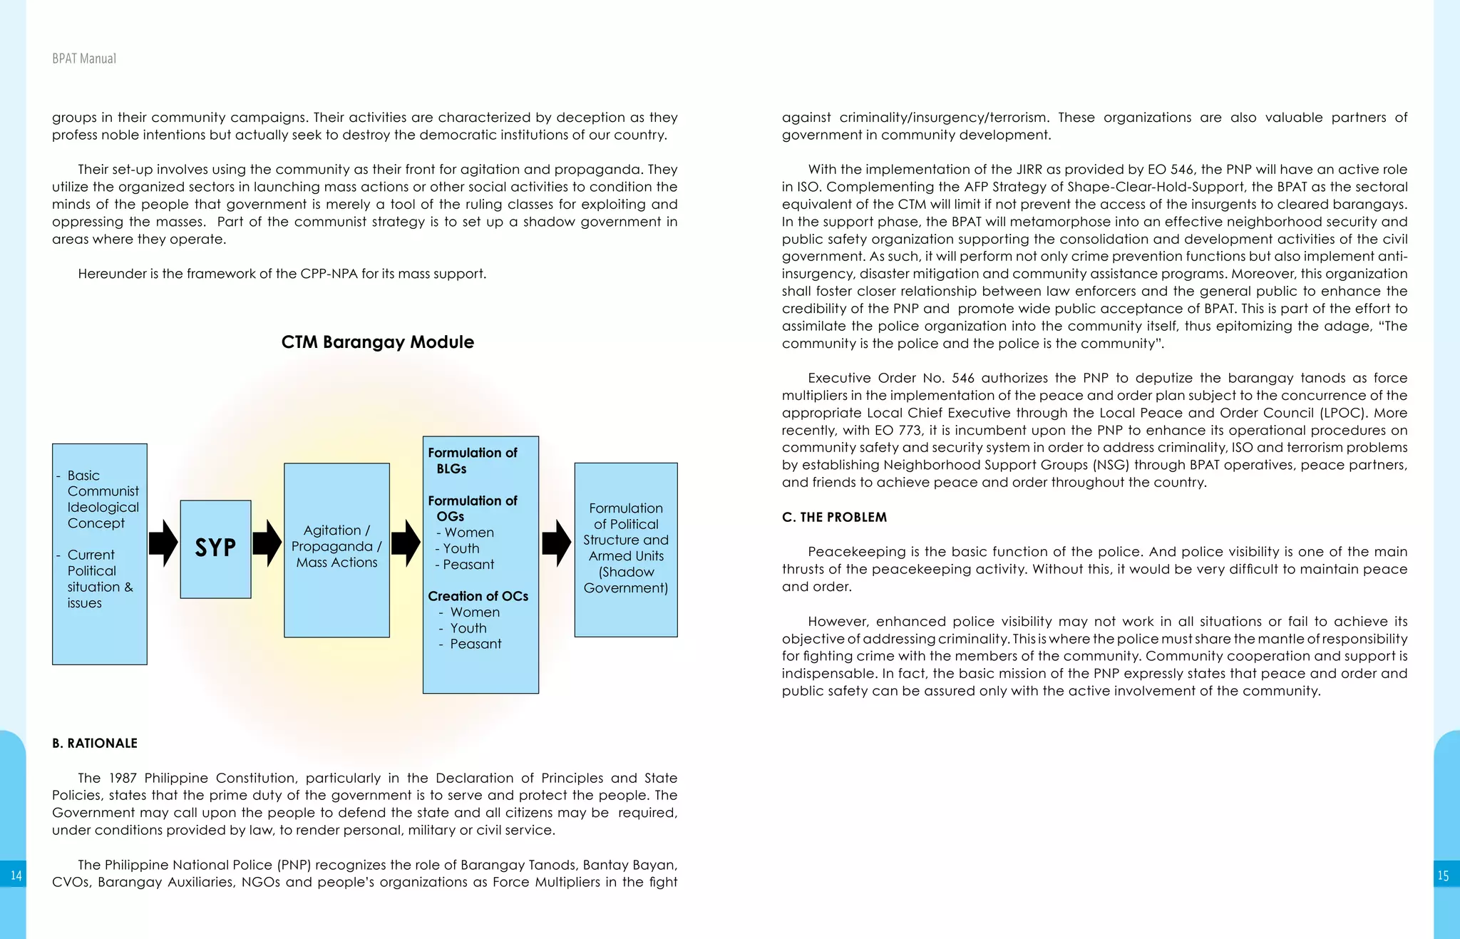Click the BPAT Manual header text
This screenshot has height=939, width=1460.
pyautogui.click(x=84, y=58)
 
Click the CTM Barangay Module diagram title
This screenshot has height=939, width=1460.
pyautogui.click(x=377, y=342)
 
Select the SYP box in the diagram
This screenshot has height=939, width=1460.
pyautogui.click(x=215, y=548)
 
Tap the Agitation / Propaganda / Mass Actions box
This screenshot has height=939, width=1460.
pyautogui.click(x=336, y=547)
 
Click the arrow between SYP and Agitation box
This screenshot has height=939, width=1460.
pyautogui.click(x=267, y=543)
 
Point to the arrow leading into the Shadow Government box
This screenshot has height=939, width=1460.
pyautogui.click(x=556, y=543)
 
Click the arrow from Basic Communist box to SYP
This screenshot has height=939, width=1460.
pyautogui.click(x=163, y=543)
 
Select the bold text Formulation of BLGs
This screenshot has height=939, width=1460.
pyautogui.click(x=472, y=461)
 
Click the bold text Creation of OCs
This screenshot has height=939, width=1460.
pyautogui.click(x=478, y=596)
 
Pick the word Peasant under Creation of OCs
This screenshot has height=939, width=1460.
pyautogui.click(x=475, y=644)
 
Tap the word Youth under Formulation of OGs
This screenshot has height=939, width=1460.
pyautogui.click(x=461, y=548)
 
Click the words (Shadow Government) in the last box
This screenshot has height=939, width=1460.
pyautogui.click(x=626, y=580)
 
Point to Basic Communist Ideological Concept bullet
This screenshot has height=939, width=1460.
pyautogui.click(x=103, y=499)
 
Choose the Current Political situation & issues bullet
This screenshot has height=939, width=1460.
pyautogui.click(x=100, y=578)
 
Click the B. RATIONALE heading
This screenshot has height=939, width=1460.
pyautogui.click(x=95, y=743)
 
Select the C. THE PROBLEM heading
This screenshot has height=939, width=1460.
pyautogui.click(x=834, y=517)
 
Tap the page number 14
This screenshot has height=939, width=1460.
pyautogui.click(x=16, y=876)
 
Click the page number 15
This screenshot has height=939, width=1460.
pyautogui.click(x=1443, y=876)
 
